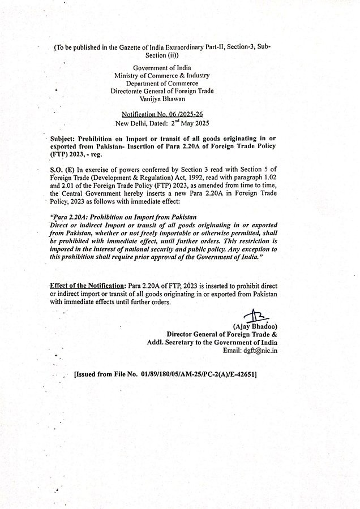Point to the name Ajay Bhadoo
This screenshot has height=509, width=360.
(x=255, y=327)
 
